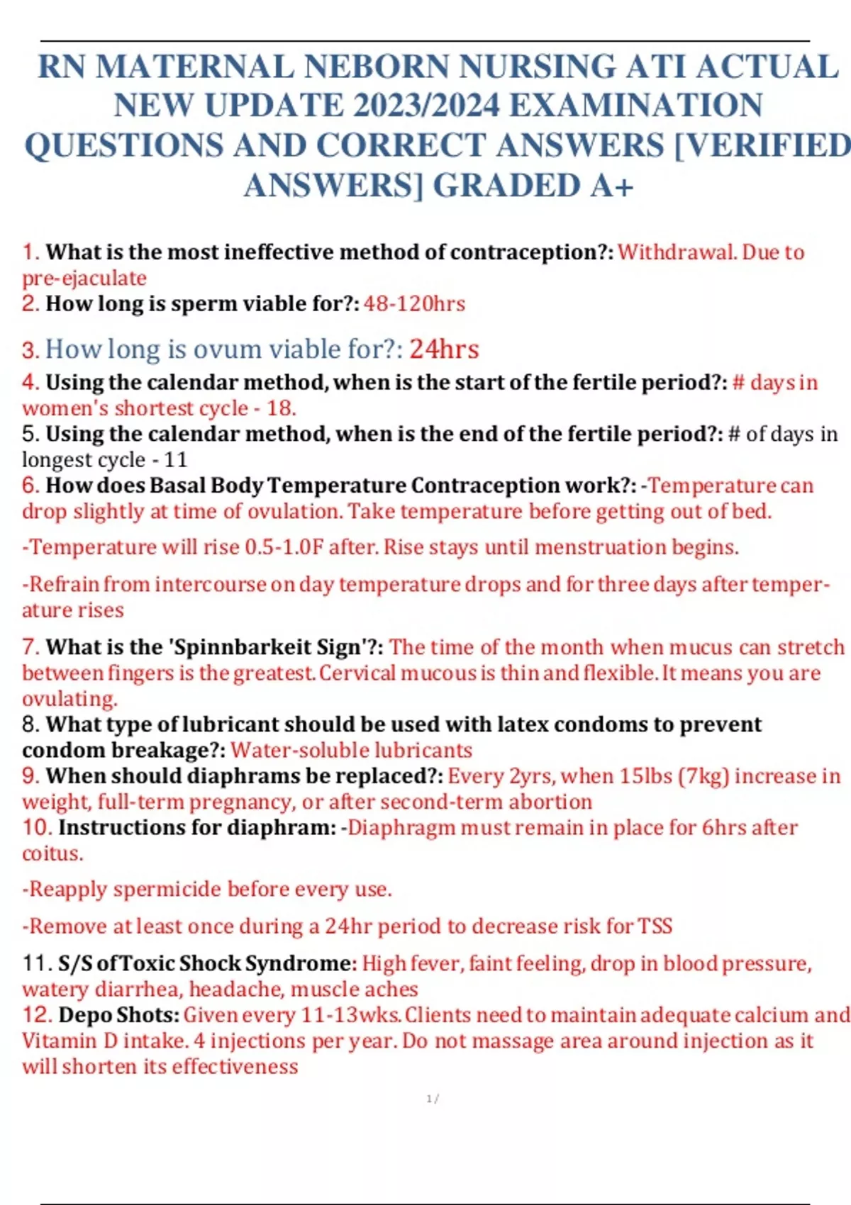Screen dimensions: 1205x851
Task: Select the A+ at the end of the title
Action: (611, 186)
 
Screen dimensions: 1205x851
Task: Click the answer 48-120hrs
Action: (414, 304)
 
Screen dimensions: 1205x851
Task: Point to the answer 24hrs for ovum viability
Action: (444, 349)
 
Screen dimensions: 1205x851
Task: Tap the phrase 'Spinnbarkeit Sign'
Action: (274, 647)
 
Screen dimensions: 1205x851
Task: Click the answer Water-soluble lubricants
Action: (351, 750)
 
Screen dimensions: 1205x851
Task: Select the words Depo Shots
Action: (118, 1015)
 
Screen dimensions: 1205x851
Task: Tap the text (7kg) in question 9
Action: (703, 776)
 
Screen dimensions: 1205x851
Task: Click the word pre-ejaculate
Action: (84, 278)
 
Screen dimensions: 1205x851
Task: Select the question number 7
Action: (30, 647)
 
